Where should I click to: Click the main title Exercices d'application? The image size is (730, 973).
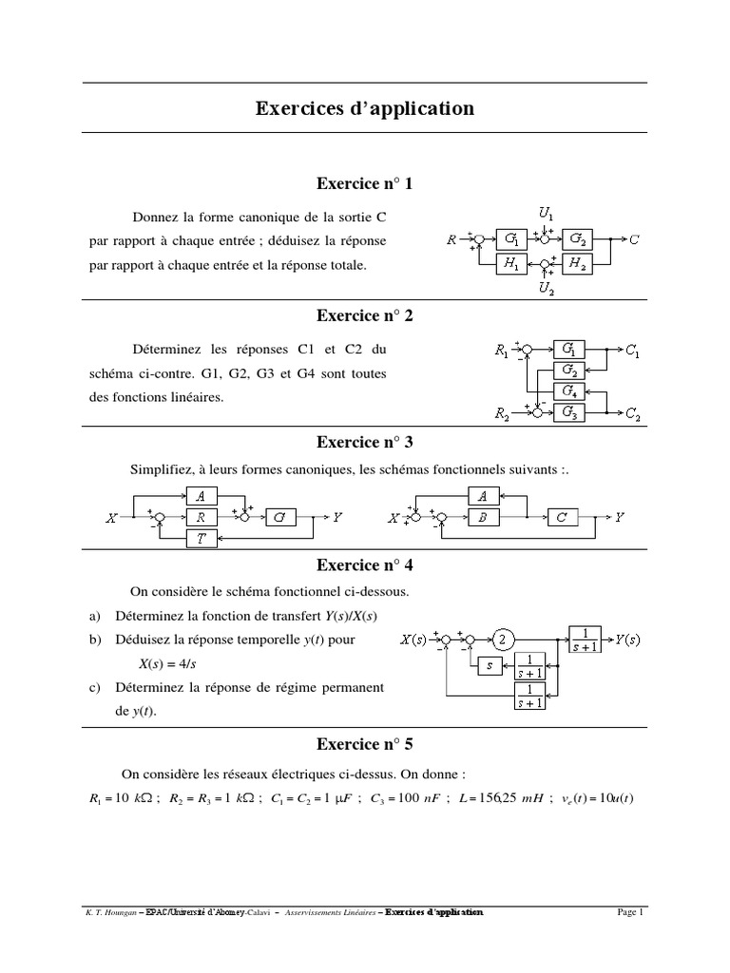pyautogui.click(x=364, y=108)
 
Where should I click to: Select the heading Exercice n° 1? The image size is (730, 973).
pyautogui.click(x=364, y=183)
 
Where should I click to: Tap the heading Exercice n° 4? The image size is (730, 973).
pyautogui.click(x=364, y=565)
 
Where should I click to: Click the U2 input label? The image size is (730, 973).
pyautogui.click(x=546, y=288)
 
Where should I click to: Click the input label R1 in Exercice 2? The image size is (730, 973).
pyautogui.click(x=502, y=351)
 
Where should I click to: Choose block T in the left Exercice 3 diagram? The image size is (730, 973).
pyautogui.click(x=201, y=538)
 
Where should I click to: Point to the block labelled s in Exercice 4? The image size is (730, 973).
pyautogui.click(x=489, y=664)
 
